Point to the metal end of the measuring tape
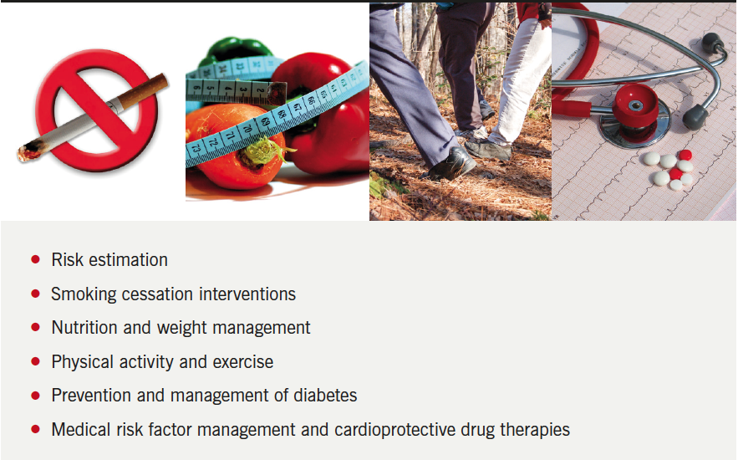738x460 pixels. (x=277, y=93)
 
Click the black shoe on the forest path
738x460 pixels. (x=450, y=164)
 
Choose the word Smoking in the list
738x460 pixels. (x=84, y=294)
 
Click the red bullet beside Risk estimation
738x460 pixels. (x=35, y=259)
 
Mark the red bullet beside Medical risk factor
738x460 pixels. (x=35, y=429)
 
